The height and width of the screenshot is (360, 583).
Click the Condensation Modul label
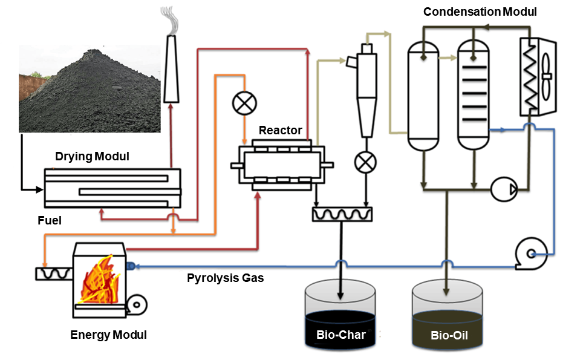coord(480,11)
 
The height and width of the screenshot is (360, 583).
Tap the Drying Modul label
coord(92,157)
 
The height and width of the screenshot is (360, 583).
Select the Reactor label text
coord(280,130)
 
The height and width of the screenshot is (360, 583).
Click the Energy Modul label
coord(108,335)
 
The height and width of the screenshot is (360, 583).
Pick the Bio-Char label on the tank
coord(341,335)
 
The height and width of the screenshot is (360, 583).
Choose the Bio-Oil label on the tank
coord(448,335)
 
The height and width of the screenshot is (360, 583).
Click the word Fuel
coord(50,221)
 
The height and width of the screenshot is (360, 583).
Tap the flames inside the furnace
coord(100,280)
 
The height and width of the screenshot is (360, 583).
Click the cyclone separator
coord(366,91)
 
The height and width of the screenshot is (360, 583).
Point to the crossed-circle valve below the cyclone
coord(365,162)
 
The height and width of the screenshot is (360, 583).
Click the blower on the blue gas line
coord(530,249)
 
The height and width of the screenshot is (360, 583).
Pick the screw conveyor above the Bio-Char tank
coord(342,214)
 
